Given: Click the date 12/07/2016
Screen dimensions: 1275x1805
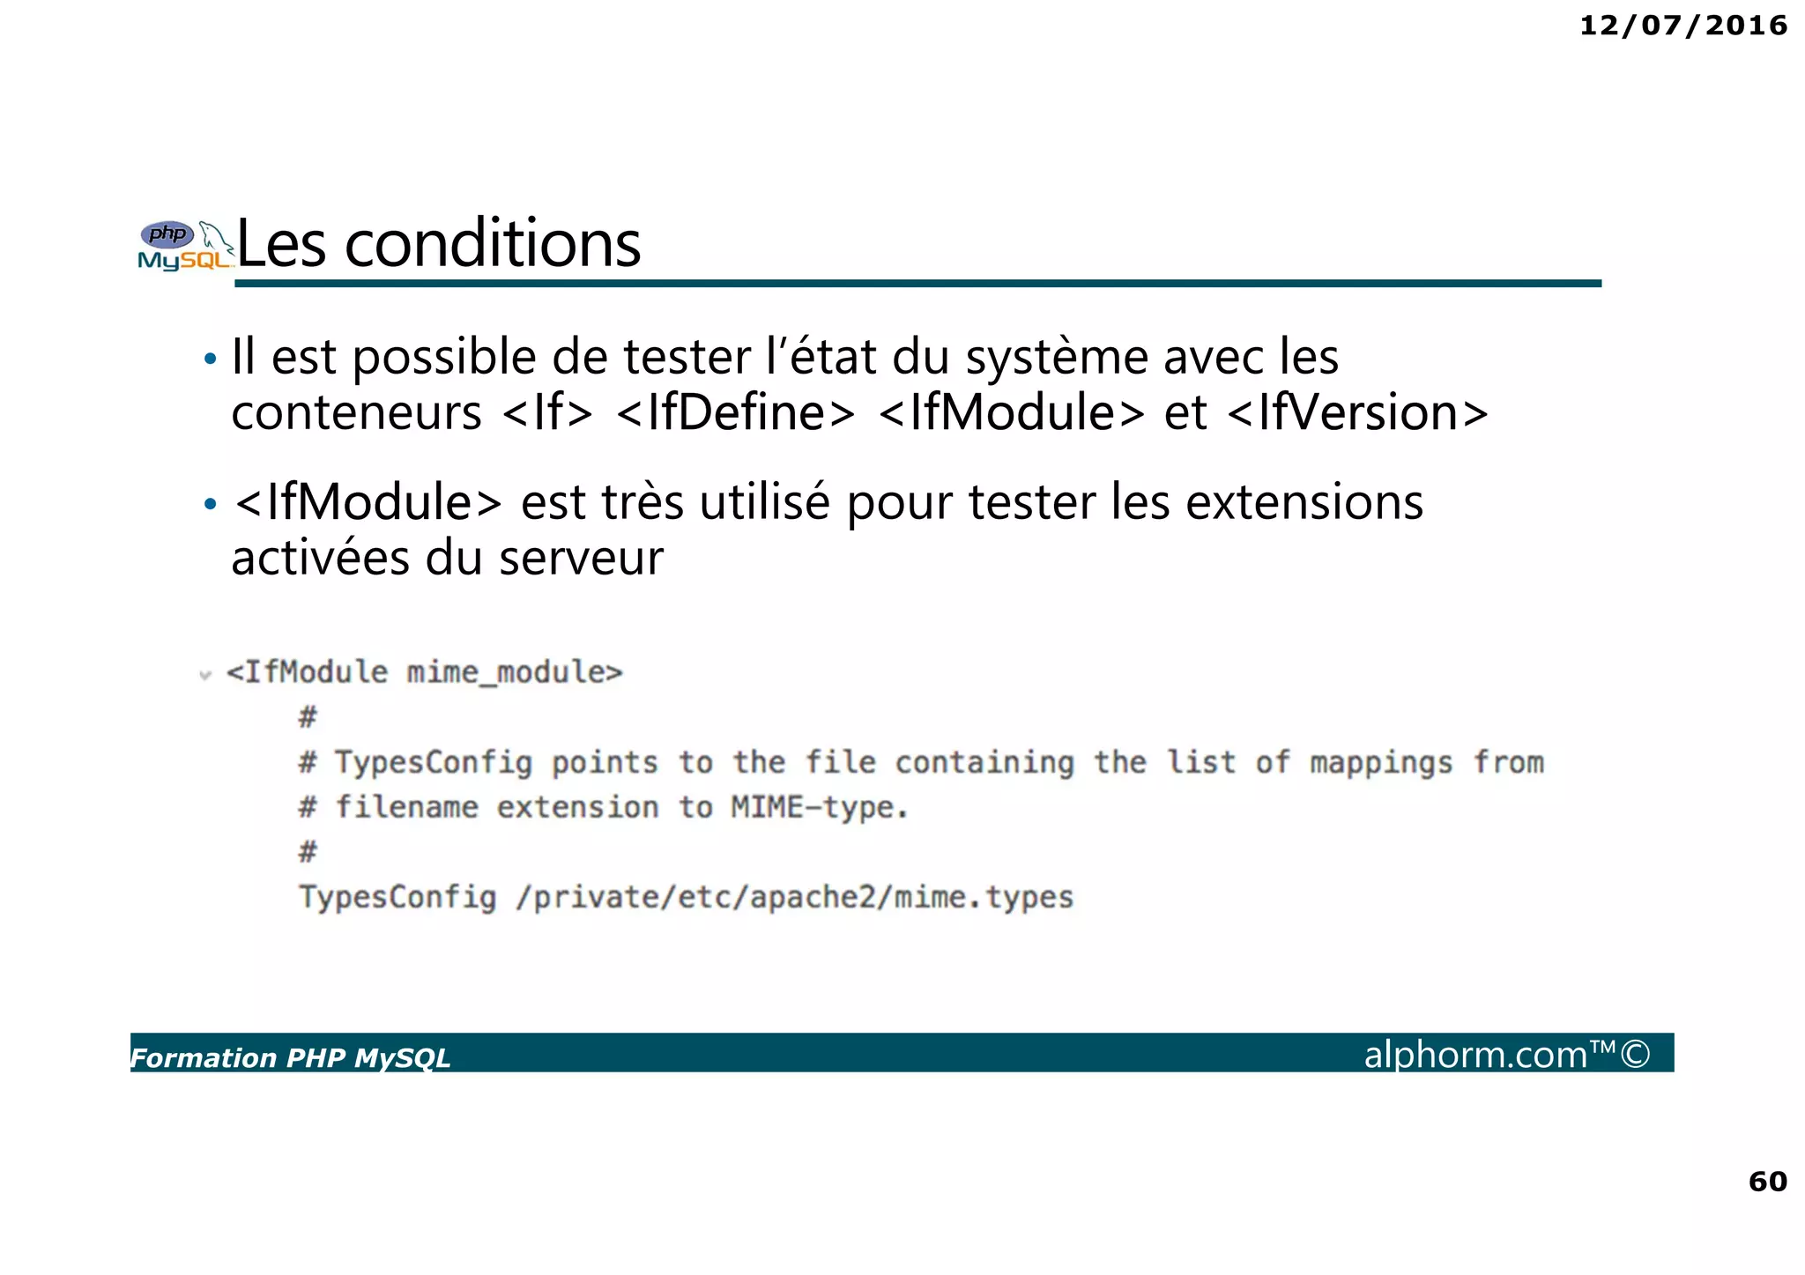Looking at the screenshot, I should click(x=1682, y=26).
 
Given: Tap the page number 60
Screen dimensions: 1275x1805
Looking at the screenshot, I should click(x=1767, y=1181).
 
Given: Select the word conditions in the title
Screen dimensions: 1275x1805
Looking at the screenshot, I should click(x=493, y=244).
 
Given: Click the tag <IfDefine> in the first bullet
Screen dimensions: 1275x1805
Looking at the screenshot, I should click(x=735, y=412).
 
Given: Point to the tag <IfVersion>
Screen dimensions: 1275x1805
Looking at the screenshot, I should click(x=1356, y=412).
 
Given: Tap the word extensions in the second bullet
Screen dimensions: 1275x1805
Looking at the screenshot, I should click(x=1304, y=502).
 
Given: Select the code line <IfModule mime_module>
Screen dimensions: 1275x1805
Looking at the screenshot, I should click(x=424, y=672).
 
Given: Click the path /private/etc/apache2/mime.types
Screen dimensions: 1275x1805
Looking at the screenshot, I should click(x=794, y=897).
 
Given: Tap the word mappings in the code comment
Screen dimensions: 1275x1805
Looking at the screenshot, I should click(x=1380, y=762).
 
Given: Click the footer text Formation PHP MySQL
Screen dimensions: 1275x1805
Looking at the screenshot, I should click(x=290, y=1057).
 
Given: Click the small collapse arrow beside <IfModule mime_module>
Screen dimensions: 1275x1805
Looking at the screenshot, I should click(x=205, y=676).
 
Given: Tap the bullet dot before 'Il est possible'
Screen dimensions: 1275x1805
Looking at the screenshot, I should click(x=210, y=360).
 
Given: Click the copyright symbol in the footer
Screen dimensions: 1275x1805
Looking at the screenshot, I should click(x=1635, y=1054).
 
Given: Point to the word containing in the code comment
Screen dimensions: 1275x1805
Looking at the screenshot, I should click(x=984, y=762).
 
